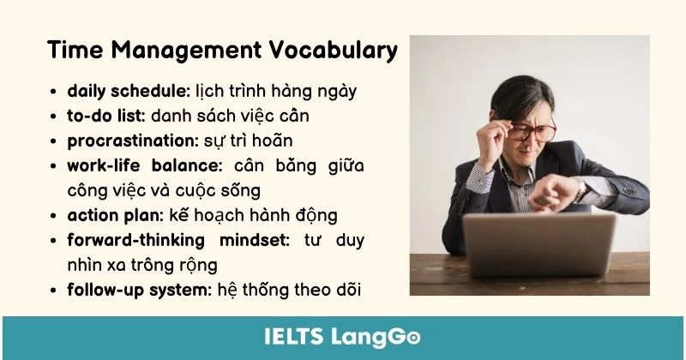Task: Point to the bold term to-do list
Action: coord(107,115)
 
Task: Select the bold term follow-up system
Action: coord(138,290)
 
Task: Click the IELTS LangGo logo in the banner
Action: coord(343,337)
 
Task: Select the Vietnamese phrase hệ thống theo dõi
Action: coord(289,290)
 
